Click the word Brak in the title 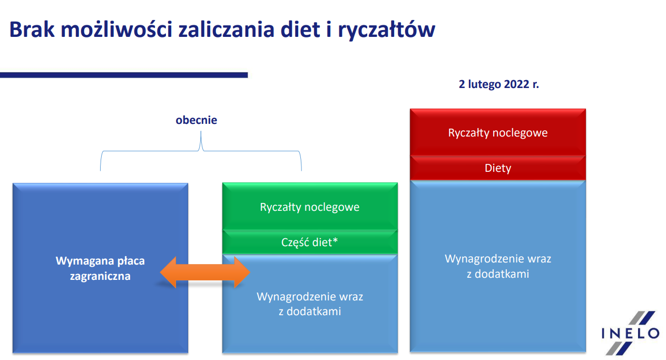click(x=32, y=30)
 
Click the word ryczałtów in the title click(x=387, y=31)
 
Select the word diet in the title click(x=300, y=30)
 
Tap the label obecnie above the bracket click(x=196, y=120)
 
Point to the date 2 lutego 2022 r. click(x=498, y=84)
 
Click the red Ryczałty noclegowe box click(x=498, y=132)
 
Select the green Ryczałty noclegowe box click(x=310, y=207)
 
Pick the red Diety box click(x=498, y=168)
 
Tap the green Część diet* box click(x=310, y=242)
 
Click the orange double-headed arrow click(x=205, y=272)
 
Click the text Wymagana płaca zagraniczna click(x=100, y=268)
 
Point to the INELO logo click(x=630, y=333)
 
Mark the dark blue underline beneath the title click(x=124, y=75)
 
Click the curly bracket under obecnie click(x=201, y=151)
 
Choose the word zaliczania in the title click(x=226, y=30)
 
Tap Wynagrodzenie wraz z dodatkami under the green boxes click(x=310, y=304)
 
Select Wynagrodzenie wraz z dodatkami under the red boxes click(x=498, y=266)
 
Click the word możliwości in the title click(x=116, y=30)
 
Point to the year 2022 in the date click(x=516, y=84)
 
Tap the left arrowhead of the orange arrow click(x=168, y=272)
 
